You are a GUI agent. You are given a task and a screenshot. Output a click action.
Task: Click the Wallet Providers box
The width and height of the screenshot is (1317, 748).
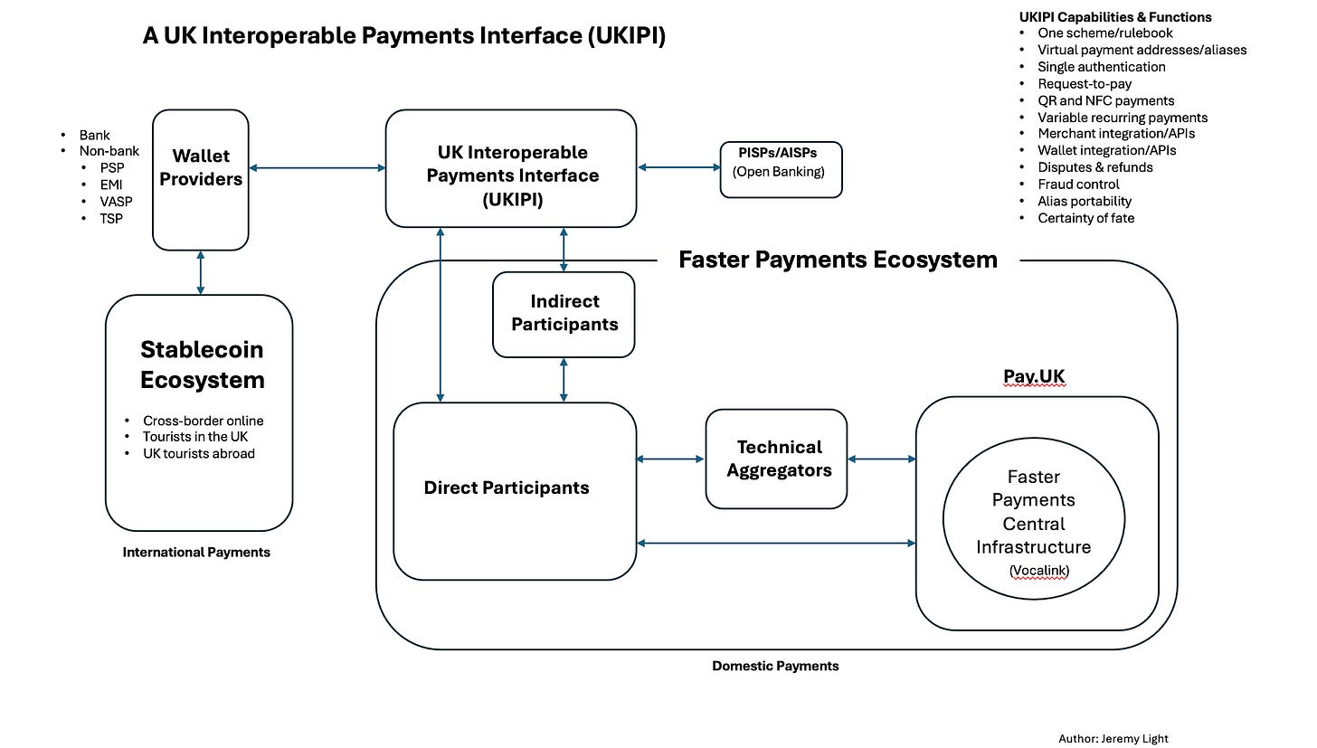pyautogui.click(x=200, y=179)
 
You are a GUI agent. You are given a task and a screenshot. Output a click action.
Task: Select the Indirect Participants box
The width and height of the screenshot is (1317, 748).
pyautogui.click(x=564, y=313)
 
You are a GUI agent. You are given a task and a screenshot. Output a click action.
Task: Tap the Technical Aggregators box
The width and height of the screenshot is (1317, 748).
pyautogui.click(x=776, y=459)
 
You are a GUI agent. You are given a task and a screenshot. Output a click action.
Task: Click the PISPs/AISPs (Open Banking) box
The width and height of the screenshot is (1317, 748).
pyautogui.click(x=781, y=168)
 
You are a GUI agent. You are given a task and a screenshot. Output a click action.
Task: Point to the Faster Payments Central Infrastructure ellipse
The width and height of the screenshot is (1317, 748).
pyautogui.click(x=1033, y=519)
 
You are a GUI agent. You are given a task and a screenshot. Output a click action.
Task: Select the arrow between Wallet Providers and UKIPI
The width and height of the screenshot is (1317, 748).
pyautogui.click(x=317, y=167)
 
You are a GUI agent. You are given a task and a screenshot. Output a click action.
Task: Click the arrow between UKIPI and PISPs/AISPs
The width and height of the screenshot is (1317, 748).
pyautogui.click(x=678, y=167)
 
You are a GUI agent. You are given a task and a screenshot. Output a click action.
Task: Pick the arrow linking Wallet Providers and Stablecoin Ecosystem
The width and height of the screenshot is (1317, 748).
pyautogui.click(x=201, y=272)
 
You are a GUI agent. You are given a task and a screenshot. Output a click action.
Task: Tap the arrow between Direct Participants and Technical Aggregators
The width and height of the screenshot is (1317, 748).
pyautogui.click(x=670, y=459)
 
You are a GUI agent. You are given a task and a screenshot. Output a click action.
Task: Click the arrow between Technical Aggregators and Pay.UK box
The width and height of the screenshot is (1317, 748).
pyautogui.click(x=881, y=459)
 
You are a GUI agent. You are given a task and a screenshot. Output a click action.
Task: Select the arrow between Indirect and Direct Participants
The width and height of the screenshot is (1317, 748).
pyautogui.click(x=564, y=379)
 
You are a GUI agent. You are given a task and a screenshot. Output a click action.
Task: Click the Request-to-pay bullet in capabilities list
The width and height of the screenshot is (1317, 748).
pyautogui.click(x=1072, y=83)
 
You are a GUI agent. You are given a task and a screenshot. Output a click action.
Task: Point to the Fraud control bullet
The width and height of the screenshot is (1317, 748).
pyautogui.click(x=1078, y=184)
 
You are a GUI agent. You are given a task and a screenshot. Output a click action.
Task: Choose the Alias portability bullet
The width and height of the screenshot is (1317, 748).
pyautogui.click(x=1085, y=201)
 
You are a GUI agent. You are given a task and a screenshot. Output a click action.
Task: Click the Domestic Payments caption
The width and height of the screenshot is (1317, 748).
pyautogui.click(x=775, y=666)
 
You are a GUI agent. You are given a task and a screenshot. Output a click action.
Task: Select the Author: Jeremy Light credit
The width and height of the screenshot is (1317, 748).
pyautogui.click(x=1118, y=738)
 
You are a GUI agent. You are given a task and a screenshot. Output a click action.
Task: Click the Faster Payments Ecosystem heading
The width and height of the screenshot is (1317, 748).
pyautogui.click(x=838, y=260)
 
